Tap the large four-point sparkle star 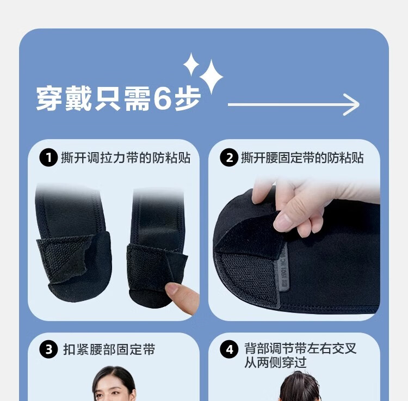tap(211, 77)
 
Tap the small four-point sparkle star tap(191, 64)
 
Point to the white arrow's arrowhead tap(352, 104)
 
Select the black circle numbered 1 tap(48, 158)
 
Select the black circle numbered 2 tap(229, 158)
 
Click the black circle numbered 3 tap(48, 349)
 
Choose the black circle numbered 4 tap(229, 349)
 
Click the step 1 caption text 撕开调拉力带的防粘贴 tap(126, 158)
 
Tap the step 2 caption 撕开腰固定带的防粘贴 tap(302, 158)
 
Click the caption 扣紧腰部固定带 tap(109, 349)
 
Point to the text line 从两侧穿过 tap(275, 362)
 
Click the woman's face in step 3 tap(114, 387)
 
